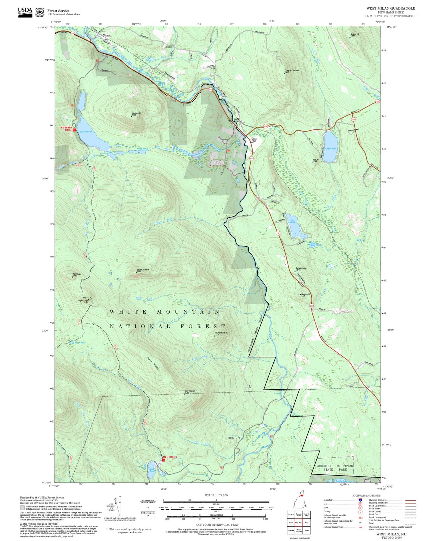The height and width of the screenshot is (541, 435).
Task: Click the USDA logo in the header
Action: point(25,12)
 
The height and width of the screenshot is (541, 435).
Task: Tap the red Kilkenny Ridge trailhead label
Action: point(67,128)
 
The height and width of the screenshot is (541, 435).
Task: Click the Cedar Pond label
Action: point(331,149)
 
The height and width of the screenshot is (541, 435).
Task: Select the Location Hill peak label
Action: point(136,114)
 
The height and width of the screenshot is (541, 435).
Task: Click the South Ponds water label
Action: point(85,132)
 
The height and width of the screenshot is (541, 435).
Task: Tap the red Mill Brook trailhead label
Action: point(170,457)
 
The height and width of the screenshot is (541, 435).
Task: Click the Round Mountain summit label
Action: point(221,334)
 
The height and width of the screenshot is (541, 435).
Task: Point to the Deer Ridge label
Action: point(153,363)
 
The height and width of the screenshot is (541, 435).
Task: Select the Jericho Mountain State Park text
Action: point(335,467)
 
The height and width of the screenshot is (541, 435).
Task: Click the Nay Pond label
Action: point(292,221)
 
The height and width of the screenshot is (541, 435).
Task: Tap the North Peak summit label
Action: point(76,275)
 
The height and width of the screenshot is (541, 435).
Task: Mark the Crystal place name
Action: point(169,47)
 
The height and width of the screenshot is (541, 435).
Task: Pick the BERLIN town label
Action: point(234,438)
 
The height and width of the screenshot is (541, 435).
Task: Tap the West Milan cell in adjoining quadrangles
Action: point(299,522)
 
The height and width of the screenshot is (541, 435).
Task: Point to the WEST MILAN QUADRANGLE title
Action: point(390,8)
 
